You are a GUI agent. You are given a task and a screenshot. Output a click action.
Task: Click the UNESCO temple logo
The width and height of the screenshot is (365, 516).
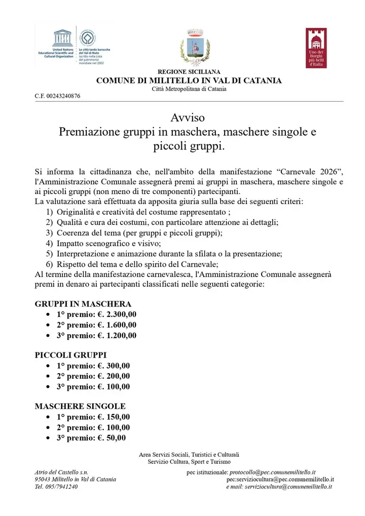[x=63, y=38]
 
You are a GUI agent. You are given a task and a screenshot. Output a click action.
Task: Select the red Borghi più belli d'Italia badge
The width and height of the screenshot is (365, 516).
[x=316, y=48]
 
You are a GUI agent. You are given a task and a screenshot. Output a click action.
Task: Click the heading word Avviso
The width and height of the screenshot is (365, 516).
[x=188, y=117]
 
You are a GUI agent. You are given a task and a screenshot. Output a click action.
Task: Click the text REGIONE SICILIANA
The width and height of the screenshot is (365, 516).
[x=189, y=72]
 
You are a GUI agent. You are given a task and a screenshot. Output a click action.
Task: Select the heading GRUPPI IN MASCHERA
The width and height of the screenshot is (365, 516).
[x=83, y=304]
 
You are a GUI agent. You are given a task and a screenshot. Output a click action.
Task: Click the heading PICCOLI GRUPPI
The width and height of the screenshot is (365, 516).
[x=70, y=355]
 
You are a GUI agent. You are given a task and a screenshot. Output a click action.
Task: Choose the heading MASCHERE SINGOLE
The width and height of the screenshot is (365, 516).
[x=80, y=406]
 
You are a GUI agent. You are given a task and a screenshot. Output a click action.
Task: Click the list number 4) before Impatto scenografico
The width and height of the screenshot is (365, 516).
[x=49, y=244]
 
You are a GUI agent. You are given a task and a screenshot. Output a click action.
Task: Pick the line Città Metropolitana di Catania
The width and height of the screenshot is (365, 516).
[x=189, y=89]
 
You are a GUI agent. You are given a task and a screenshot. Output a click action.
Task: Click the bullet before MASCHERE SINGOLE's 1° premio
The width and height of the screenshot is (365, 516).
[x=48, y=417]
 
